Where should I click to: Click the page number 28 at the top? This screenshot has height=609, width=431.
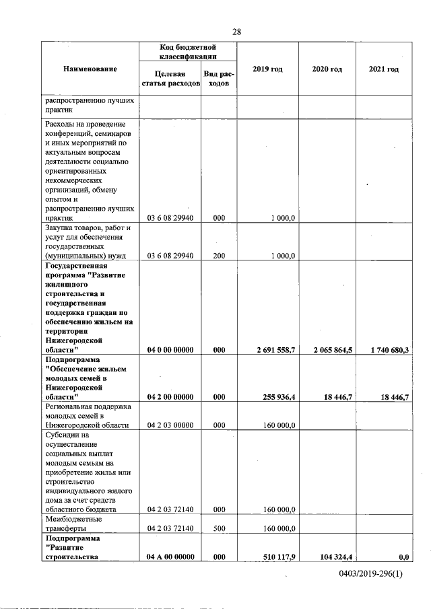tap(236, 32)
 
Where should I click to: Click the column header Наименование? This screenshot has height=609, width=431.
tap(90, 69)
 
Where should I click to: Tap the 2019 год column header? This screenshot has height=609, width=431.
tap(267, 69)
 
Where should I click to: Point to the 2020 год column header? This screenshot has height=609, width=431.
tap(327, 69)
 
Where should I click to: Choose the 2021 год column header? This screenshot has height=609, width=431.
tap(384, 69)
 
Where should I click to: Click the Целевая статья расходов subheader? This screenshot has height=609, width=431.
tap(170, 79)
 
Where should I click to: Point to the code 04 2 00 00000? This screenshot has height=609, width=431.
tap(170, 398)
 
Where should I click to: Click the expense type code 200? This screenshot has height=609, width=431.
tap(218, 256)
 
